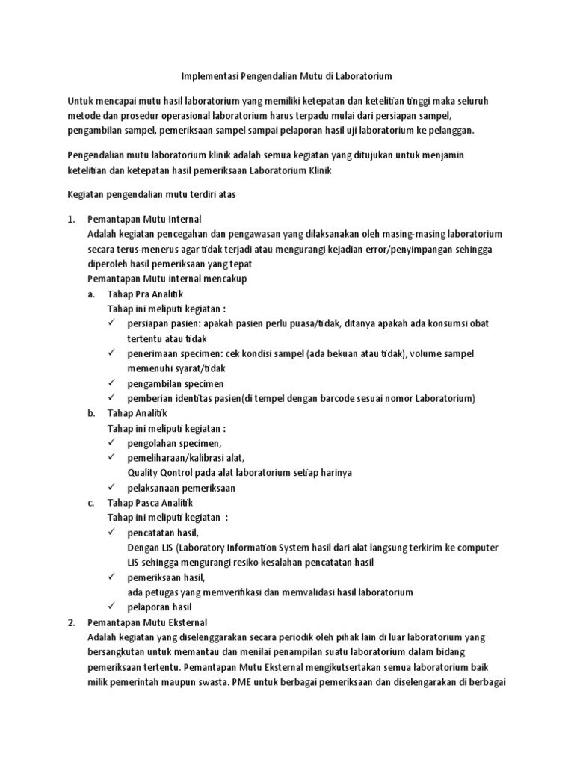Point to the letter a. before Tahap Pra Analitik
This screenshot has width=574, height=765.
point(91,294)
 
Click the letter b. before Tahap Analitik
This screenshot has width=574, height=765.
point(91,413)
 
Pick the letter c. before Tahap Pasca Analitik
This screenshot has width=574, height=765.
point(91,503)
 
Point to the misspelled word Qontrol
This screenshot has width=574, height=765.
point(175,473)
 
